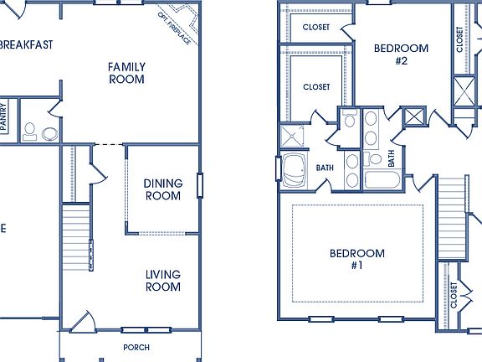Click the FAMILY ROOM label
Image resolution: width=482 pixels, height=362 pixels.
click(x=126, y=73)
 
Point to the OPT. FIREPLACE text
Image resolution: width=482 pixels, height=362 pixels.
click(x=174, y=27)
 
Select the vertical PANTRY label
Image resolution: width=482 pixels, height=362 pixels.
click(x=4, y=116)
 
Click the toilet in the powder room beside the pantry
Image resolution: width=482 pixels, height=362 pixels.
click(x=30, y=130)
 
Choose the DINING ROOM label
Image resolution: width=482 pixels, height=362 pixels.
click(x=162, y=189)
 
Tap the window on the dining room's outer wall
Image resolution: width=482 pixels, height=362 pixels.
click(x=199, y=185)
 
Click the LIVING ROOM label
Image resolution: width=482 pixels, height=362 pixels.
click(x=162, y=280)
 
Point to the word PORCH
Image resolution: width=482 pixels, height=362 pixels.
click(x=136, y=347)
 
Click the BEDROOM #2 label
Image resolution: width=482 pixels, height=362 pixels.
click(x=401, y=54)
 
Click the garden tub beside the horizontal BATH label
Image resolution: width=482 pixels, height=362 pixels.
click(x=294, y=170)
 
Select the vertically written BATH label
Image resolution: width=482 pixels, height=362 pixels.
click(x=391, y=157)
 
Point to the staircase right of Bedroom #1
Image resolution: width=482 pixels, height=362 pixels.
click(x=452, y=217)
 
